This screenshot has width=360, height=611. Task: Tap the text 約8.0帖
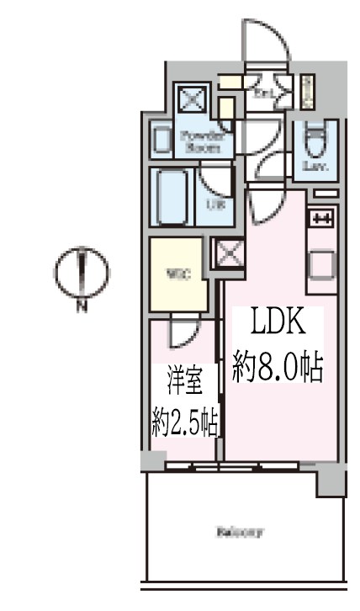coord(278,369)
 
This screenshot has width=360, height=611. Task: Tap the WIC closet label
coord(176,273)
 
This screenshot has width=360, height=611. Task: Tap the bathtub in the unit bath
coord(172,196)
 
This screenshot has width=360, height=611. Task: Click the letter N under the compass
coord(82,308)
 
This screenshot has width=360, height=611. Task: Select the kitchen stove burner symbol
coord(323,219)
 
